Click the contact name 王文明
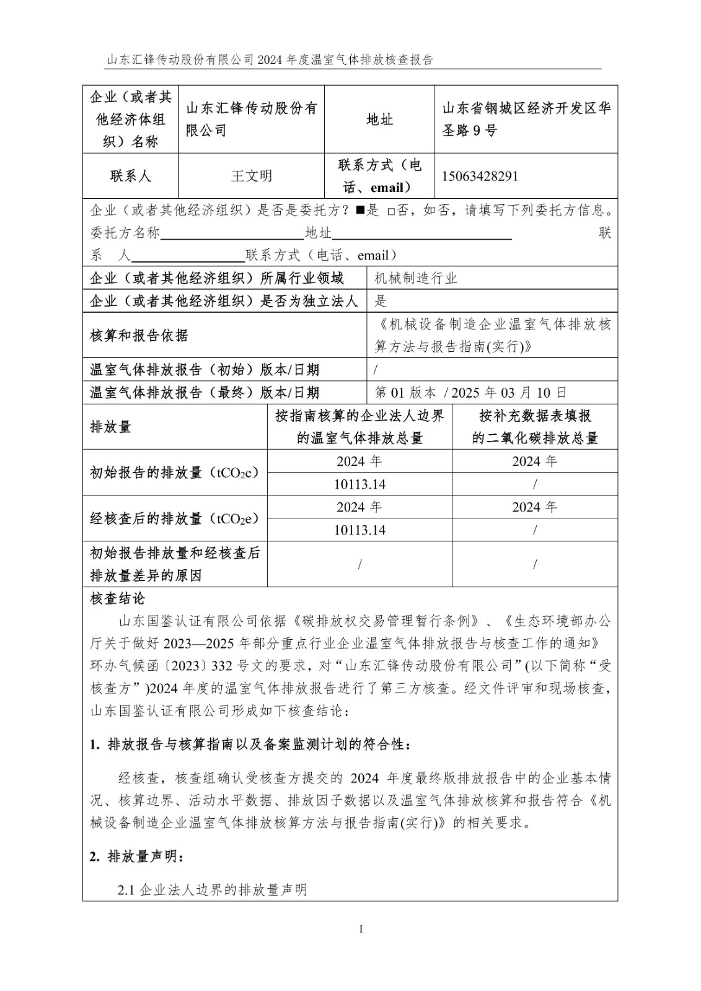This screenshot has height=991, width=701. (x=251, y=176)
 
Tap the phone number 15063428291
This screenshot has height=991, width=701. (x=480, y=176)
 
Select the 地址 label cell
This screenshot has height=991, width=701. (x=379, y=120)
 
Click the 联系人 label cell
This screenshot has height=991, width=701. (x=130, y=176)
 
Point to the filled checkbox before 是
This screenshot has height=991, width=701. (x=359, y=211)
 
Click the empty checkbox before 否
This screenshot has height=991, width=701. (x=390, y=211)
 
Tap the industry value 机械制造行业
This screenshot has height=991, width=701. (x=416, y=278)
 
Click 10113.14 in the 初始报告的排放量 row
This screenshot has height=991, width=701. (x=359, y=484)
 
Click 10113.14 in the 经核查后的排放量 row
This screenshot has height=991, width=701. (x=359, y=530)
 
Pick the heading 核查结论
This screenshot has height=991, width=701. (x=117, y=598)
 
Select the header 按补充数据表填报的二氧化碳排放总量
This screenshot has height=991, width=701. (x=534, y=427)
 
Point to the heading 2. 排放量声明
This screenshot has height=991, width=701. (x=136, y=857)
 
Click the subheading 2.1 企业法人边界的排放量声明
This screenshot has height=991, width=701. (x=213, y=890)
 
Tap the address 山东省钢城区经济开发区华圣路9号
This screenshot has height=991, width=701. (x=526, y=120)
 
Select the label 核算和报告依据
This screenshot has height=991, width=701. (x=139, y=336)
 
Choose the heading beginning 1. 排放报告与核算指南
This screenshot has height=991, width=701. (x=250, y=744)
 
